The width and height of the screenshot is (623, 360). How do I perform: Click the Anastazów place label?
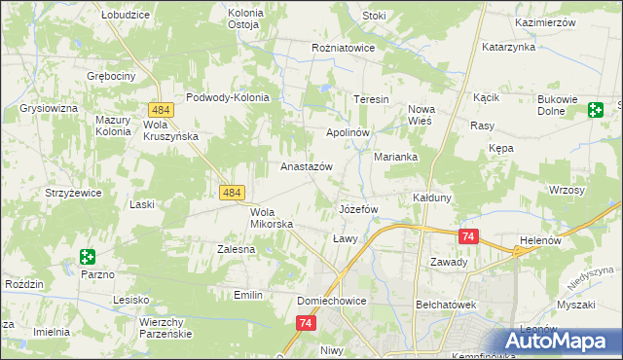point(307,166)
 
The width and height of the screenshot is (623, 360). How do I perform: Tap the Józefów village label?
point(357,209)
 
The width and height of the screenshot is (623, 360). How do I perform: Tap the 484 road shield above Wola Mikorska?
point(231,194)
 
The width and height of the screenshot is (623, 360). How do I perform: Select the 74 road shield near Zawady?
point(469,236)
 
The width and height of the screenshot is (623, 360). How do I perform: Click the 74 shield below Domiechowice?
point(308,323)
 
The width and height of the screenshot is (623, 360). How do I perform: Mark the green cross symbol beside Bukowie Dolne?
point(594,111)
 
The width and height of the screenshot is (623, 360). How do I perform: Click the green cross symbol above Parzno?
point(88,257)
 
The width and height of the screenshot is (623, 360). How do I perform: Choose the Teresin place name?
point(371,100)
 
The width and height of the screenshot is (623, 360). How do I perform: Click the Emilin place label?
point(250,294)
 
